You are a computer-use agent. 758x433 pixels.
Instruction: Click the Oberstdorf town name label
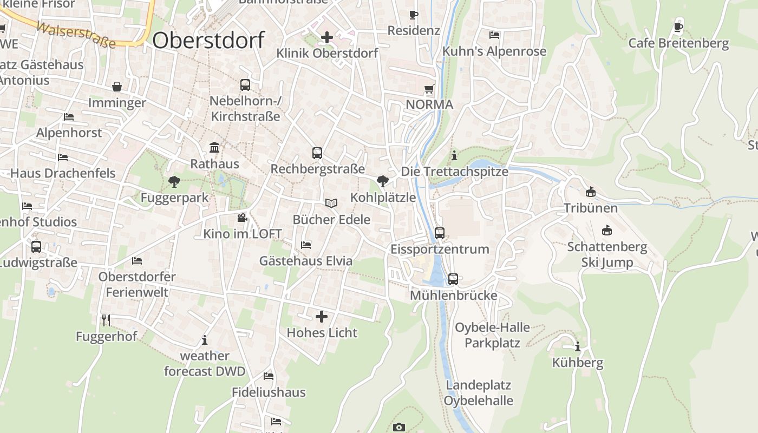208,40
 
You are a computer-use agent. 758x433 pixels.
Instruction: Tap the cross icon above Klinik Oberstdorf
327,37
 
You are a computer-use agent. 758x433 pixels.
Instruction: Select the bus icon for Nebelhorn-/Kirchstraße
245,85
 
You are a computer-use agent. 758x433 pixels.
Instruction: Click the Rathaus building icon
214,148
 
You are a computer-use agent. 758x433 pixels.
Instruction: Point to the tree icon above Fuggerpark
174,181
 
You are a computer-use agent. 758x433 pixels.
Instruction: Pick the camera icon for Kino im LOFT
242,218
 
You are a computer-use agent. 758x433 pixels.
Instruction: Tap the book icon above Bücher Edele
331,204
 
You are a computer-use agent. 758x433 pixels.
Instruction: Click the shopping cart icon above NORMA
429,89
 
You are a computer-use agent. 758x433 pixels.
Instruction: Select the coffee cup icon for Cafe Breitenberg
678,27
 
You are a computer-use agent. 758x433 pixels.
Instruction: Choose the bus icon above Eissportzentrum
440,233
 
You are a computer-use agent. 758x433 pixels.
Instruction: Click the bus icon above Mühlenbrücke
453,279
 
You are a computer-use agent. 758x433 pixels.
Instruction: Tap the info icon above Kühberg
578,346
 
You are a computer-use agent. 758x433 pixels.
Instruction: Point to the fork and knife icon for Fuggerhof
106,320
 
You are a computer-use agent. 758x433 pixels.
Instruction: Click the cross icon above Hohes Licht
322,316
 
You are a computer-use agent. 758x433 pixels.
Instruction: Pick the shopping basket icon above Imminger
117,87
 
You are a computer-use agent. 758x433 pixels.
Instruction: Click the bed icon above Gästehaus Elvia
306,245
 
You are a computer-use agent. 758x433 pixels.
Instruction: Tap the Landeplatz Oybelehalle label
479,393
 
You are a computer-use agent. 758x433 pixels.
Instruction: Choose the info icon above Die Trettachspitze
454,156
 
